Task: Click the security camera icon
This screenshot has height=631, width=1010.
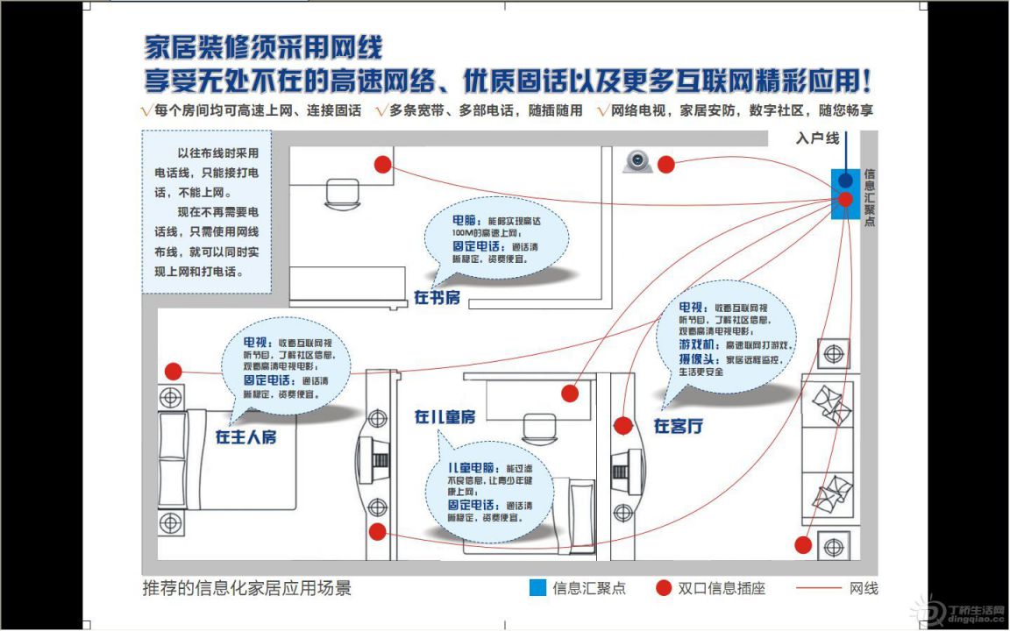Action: (638, 162)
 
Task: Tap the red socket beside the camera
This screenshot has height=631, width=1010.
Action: (666, 164)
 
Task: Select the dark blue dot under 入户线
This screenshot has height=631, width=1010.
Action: (845, 180)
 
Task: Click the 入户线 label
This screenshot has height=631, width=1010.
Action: (817, 138)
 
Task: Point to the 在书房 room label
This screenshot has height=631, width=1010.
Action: (437, 298)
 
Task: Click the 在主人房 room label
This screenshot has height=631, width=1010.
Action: (245, 436)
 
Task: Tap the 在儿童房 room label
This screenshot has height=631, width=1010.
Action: (445, 417)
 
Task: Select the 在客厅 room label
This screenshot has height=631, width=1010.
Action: (678, 427)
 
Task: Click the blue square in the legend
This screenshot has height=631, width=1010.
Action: (537, 588)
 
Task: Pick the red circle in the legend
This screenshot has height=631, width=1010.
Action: (664, 588)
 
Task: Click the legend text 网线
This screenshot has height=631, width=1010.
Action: (864, 588)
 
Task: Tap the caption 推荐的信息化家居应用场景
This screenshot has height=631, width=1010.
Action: (246, 588)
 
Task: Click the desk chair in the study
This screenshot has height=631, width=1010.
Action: (338, 192)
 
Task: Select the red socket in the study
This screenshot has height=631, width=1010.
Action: (382, 164)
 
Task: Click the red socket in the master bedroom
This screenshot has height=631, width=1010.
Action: (173, 372)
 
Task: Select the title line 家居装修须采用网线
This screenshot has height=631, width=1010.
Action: (263, 47)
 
